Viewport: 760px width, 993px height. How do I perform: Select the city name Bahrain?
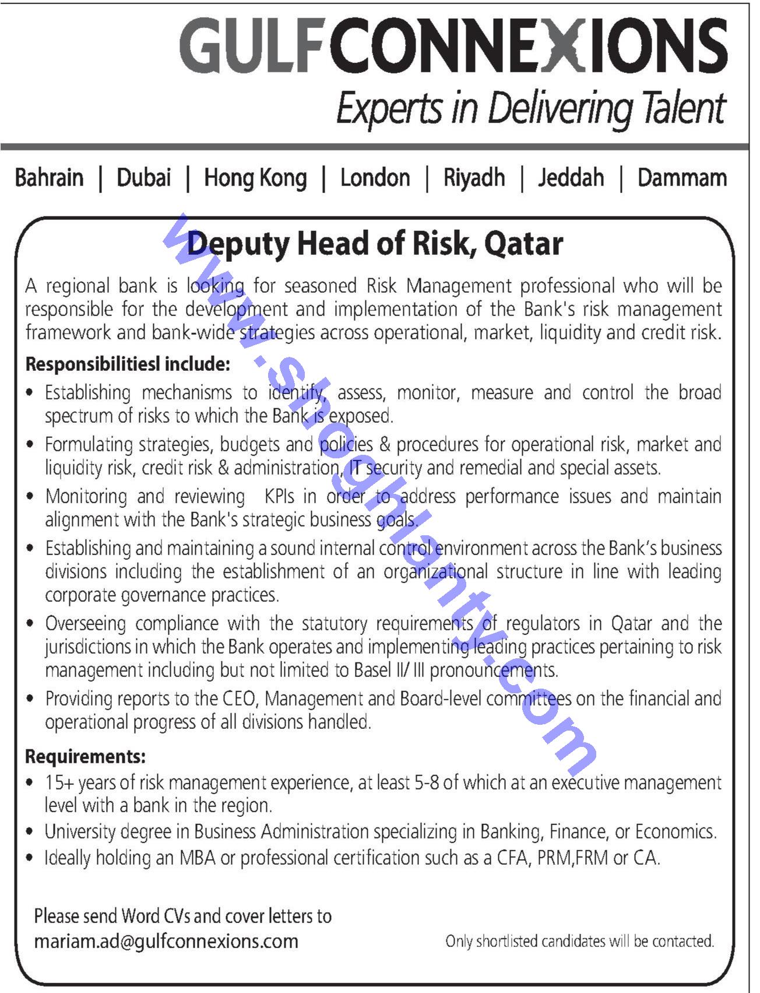[50, 178]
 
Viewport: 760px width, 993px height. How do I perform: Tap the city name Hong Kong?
[255, 178]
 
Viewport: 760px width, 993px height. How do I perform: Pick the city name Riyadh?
[474, 178]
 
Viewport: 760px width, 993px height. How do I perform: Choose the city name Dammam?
[682, 178]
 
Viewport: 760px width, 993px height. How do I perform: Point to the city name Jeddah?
[571, 178]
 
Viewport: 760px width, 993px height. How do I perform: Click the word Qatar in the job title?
[523, 244]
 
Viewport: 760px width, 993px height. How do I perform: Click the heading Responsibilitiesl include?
[128, 364]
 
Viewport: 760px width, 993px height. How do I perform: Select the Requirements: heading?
[85, 756]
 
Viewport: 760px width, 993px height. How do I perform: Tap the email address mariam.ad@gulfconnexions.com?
[166, 941]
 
